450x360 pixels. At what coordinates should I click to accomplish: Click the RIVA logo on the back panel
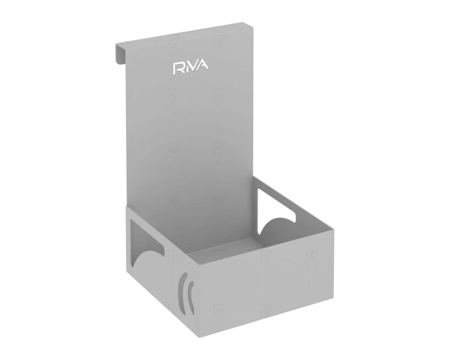click(x=191, y=67)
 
